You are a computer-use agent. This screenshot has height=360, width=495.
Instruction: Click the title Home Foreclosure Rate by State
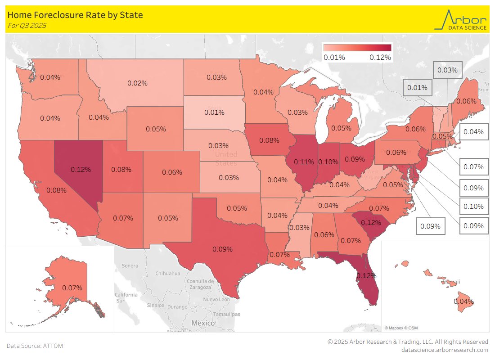(x=75, y=15)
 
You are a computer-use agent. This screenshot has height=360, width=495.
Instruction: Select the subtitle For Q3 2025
(x=27, y=26)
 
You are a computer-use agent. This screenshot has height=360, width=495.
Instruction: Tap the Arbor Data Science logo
(x=460, y=20)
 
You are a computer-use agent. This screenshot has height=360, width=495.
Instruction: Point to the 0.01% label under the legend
(x=334, y=58)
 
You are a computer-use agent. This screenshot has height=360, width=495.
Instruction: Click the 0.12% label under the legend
(x=380, y=58)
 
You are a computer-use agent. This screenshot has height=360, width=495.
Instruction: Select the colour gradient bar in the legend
(x=357, y=48)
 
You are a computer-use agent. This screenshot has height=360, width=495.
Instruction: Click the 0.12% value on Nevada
(x=81, y=170)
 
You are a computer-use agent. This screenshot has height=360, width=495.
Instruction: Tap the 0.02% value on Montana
(x=137, y=83)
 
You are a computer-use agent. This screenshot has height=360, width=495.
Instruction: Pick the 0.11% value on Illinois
(x=304, y=161)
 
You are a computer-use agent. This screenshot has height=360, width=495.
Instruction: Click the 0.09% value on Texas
(x=222, y=249)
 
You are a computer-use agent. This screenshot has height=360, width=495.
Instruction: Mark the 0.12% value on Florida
(x=366, y=275)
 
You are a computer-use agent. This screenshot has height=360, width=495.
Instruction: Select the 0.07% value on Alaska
(x=72, y=288)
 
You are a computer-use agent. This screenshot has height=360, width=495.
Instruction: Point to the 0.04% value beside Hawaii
(x=463, y=301)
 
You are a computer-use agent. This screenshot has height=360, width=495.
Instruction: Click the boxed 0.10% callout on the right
(x=473, y=207)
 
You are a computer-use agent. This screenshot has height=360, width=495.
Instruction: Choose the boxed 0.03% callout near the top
(x=447, y=70)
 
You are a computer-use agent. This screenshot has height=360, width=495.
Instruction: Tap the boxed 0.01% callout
(x=417, y=88)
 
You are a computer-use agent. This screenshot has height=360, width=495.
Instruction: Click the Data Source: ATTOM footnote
(x=35, y=346)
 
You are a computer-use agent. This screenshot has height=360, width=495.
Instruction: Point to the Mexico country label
(x=203, y=323)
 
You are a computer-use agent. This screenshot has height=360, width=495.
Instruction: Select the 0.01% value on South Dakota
(x=214, y=112)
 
